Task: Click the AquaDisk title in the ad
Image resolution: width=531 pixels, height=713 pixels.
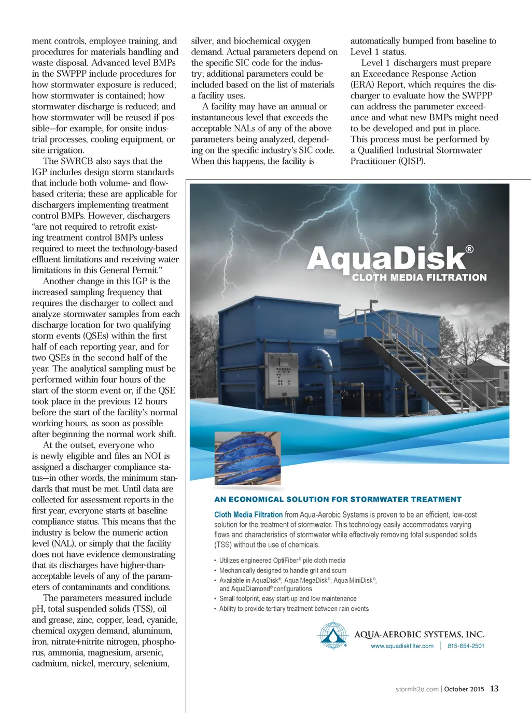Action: (x=386, y=258)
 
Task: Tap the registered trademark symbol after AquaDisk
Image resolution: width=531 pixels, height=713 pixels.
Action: (x=469, y=249)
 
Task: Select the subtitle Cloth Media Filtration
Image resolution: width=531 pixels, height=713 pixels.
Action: (x=419, y=277)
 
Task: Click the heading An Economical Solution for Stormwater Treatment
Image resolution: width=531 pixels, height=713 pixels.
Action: (x=338, y=499)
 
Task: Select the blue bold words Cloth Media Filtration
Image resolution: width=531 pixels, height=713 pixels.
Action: (x=248, y=514)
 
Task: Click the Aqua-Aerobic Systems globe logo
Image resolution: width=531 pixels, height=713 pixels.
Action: (x=332, y=635)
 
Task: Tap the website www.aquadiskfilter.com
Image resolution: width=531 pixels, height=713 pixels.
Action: (x=402, y=646)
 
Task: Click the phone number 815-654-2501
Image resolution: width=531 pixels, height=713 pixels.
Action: (x=466, y=646)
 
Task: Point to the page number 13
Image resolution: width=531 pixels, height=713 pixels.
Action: (x=494, y=689)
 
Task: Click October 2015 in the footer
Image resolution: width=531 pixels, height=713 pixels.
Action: (x=464, y=689)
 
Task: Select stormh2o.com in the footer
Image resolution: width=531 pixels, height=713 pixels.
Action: (x=417, y=689)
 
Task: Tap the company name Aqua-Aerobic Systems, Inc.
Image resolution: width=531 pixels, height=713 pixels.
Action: (x=419, y=635)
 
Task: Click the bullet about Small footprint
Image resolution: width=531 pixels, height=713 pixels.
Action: (x=288, y=599)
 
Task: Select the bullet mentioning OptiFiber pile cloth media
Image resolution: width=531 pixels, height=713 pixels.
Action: (x=282, y=561)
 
